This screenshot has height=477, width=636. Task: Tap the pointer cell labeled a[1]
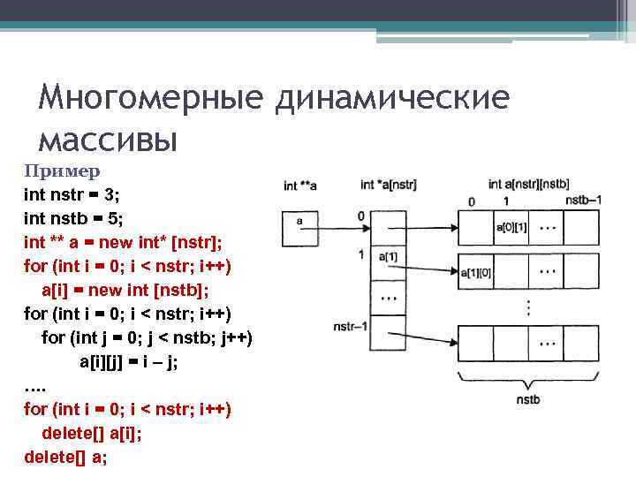pos(388,257)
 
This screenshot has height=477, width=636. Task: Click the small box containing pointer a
pos(299,228)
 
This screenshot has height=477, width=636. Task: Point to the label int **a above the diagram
pos(300,186)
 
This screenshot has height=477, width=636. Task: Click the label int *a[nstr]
pos(389,185)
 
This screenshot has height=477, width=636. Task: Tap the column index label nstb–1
pos(583,201)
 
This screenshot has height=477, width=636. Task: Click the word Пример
pos(62,170)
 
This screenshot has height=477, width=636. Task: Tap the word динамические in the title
pos(391,98)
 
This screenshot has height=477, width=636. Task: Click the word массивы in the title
pos(108,139)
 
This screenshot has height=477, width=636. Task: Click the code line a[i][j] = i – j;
pos(129,361)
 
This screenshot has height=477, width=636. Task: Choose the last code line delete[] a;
pos(66,457)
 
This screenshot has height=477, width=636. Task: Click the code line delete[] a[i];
pos(92,433)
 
